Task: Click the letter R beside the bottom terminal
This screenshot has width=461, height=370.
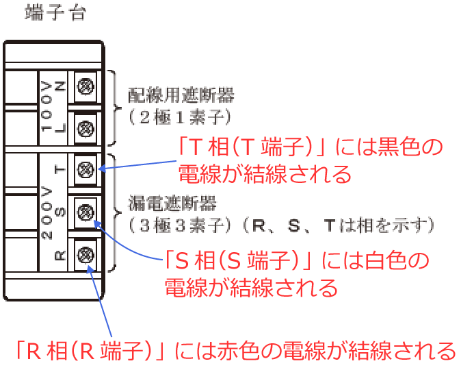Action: click(x=60, y=256)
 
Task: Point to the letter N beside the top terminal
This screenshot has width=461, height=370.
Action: click(x=60, y=86)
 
